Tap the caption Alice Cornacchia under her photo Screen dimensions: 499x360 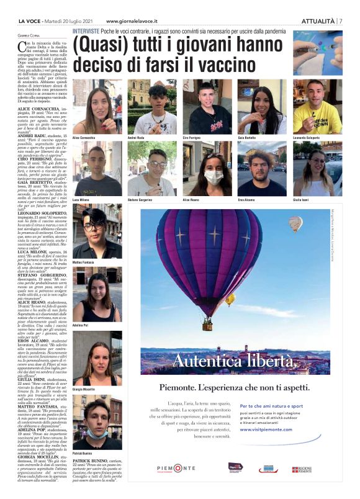click(87, 136)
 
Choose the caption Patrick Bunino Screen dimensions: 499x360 click(82, 454)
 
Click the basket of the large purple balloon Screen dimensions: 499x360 click(207, 324)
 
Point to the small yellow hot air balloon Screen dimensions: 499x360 click(230, 299)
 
